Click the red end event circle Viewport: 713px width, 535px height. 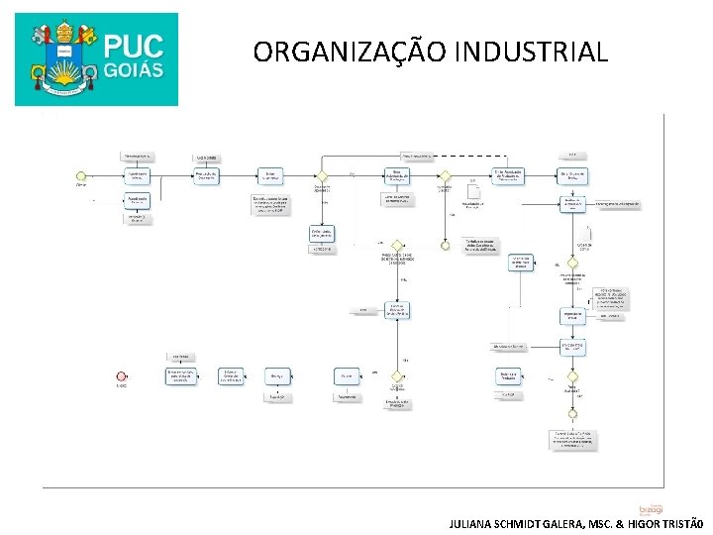pyautogui.click(x=121, y=376)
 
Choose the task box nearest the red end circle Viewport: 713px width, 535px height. pyautogui.click(x=180, y=376)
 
